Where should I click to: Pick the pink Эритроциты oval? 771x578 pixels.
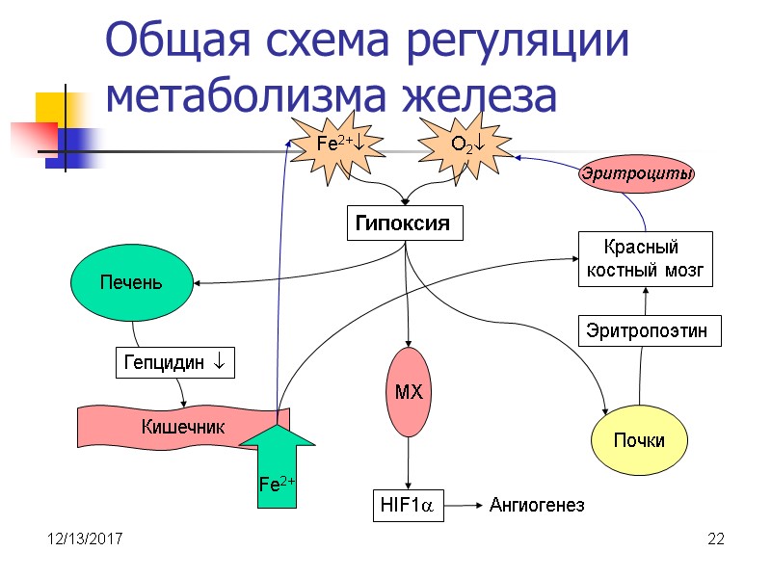[636, 174]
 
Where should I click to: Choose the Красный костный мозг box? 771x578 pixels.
[645, 258]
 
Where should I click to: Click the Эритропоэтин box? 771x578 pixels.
[648, 331]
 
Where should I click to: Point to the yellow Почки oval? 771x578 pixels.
[639, 440]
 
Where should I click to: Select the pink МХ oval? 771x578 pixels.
[410, 392]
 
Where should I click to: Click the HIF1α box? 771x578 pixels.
[409, 505]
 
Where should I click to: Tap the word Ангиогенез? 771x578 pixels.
[537, 505]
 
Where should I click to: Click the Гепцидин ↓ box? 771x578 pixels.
[174, 363]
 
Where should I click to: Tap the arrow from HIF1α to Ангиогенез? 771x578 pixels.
[464, 505]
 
